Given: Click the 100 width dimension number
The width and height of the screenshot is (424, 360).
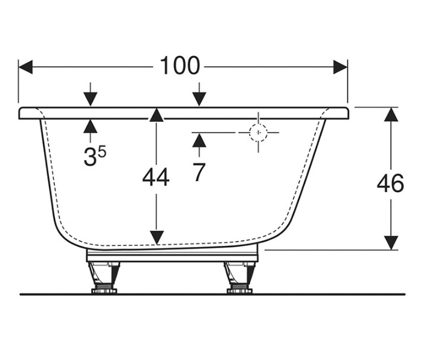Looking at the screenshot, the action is [180, 66].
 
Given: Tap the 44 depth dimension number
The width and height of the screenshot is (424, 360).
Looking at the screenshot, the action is [156, 178].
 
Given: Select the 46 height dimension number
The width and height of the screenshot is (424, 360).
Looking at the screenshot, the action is [390, 183].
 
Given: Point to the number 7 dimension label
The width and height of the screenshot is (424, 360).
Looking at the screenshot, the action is [199, 172].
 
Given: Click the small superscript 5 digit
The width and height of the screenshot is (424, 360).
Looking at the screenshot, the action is [102, 152].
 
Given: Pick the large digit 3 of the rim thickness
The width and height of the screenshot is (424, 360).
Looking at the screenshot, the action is [90, 156].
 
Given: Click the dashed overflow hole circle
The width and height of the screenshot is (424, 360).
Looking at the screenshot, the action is [259, 132].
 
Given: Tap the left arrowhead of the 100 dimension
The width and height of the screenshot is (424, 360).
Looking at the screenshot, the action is [26, 67].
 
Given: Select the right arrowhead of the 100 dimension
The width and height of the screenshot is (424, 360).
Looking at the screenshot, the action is [340, 67].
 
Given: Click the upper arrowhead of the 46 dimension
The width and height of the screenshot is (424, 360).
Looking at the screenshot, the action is [391, 114].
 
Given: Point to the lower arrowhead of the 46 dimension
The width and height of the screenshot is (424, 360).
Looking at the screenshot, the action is [391, 243].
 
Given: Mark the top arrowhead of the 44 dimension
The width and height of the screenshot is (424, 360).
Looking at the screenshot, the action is [156, 115].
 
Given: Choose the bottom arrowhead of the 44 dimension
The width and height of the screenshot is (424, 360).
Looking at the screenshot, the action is [156, 238].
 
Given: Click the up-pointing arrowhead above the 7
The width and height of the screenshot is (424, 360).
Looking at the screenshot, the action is [199, 140].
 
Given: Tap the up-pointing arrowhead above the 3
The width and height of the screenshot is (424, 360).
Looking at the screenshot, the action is [91, 126].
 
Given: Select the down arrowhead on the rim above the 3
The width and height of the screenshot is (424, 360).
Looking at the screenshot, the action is [91, 99].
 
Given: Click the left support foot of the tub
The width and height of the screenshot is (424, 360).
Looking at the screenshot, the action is [104, 277].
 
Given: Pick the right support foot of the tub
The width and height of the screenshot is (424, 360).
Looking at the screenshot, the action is [240, 277].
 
